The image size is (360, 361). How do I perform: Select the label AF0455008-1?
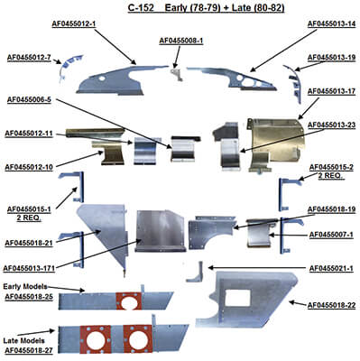tap(181, 41)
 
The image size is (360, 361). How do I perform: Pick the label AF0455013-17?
tap(331, 91)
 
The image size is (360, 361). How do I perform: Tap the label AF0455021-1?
tap(330, 269)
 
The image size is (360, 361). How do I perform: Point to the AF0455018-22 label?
tap(331, 308)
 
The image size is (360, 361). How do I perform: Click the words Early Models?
tap(24, 286)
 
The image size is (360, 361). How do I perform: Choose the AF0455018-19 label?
tap(331, 209)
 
